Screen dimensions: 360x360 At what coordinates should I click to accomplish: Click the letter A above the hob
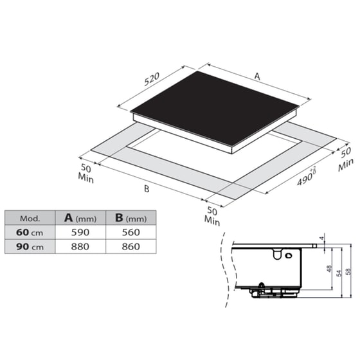tap(256, 76)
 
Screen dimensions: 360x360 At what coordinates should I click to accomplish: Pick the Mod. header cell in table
tap(30, 217)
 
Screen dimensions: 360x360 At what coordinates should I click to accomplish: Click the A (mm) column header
tap(79, 217)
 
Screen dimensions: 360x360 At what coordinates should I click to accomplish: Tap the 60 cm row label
tap(30, 231)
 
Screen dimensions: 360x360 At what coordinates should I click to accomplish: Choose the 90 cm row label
tap(30, 245)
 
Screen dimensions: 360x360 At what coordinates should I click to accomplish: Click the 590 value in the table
tap(78, 231)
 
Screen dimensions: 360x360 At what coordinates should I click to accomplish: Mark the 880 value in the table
tap(78, 245)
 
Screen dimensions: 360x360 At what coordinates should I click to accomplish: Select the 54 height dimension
tap(339, 273)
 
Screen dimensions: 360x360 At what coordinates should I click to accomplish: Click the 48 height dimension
tap(329, 269)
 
